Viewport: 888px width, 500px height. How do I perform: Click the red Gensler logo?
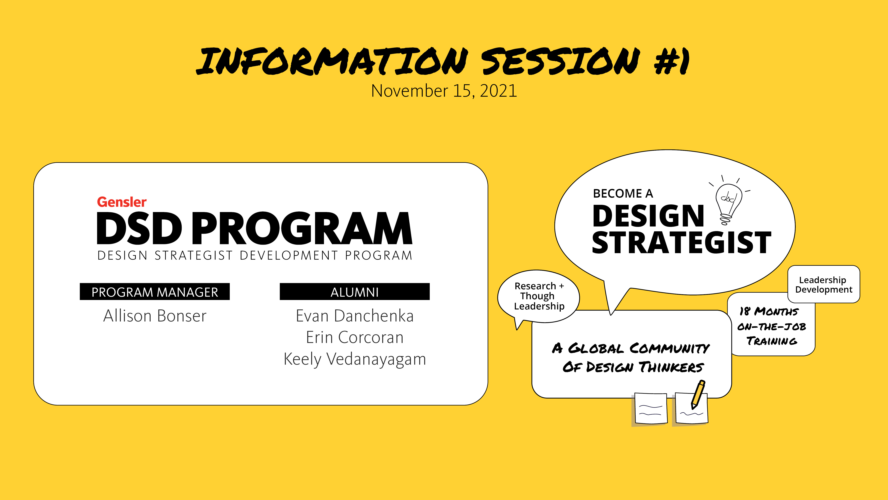(122, 202)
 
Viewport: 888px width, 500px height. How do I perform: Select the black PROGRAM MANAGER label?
(155, 292)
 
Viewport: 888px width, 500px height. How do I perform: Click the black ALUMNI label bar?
(355, 292)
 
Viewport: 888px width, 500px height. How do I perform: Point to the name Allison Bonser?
(155, 316)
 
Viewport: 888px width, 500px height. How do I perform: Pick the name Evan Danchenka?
(355, 316)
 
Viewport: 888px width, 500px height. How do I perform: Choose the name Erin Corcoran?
(355, 337)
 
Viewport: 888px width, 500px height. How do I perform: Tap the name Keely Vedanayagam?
(355, 359)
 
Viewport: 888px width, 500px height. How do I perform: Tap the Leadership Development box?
(824, 284)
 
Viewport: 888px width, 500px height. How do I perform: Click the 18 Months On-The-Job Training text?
(771, 326)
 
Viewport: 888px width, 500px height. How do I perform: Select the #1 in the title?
(672, 61)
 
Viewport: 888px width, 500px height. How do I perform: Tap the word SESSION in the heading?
(560, 61)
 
